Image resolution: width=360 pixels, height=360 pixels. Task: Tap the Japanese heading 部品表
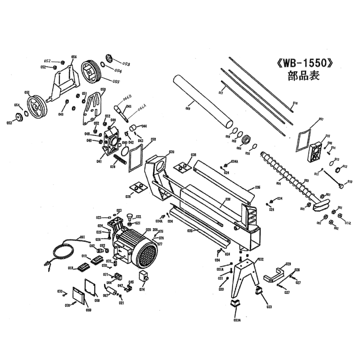point(303,76)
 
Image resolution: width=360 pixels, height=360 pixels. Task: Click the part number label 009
point(188,108)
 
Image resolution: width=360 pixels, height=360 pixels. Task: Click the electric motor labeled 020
point(137,248)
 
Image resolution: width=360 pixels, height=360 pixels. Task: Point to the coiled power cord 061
point(63,252)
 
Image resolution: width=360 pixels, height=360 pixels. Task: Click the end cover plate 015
point(316,151)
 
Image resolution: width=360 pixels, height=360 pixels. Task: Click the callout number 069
point(89,310)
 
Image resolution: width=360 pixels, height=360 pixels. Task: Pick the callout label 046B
point(128,98)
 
